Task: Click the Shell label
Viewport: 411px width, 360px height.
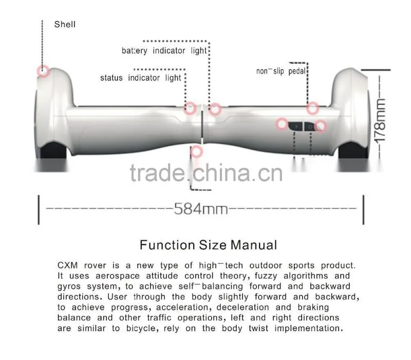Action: (x=65, y=24)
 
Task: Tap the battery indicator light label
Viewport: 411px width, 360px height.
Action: (x=164, y=50)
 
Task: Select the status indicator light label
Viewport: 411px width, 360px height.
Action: (x=140, y=78)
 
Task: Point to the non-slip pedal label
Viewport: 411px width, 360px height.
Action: (x=281, y=71)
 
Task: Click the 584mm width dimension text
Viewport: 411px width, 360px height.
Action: (x=201, y=209)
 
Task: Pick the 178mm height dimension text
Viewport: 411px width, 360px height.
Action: (x=380, y=121)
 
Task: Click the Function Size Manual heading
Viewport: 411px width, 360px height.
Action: (x=209, y=245)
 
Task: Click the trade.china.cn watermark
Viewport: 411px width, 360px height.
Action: (x=207, y=173)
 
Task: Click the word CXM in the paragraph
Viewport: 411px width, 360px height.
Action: (x=68, y=265)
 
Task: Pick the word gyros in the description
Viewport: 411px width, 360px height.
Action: (x=69, y=287)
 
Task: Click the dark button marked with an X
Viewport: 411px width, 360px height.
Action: (x=296, y=127)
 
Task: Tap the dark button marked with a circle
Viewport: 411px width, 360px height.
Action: (x=310, y=127)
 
